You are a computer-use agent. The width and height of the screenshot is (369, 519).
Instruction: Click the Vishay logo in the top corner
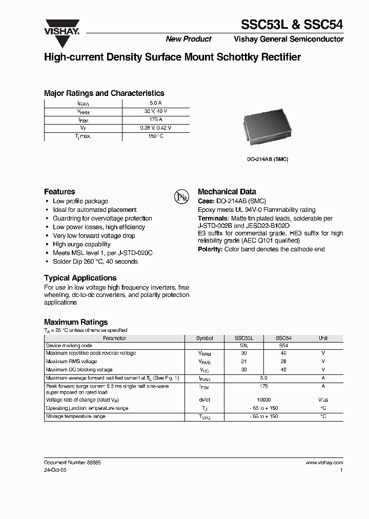coord(61,27)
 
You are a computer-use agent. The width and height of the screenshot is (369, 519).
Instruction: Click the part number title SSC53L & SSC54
coord(292,24)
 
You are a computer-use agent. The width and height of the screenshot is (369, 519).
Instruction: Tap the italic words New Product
coord(189,39)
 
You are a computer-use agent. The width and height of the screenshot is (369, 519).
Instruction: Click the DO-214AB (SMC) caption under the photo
coord(268,159)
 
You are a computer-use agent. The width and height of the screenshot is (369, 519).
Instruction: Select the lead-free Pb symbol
coord(182,197)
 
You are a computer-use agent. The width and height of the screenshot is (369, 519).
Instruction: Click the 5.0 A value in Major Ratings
coord(156,103)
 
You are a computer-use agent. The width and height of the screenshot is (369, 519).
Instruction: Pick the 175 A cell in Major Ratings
coord(156,119)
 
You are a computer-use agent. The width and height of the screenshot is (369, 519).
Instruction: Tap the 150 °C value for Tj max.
coord(156,136)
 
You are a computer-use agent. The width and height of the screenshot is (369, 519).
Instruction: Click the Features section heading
coord(59,191)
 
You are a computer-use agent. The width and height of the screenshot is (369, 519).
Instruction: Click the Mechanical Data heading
coord(227,191)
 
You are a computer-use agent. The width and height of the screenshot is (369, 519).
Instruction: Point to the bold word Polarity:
coord(210,249)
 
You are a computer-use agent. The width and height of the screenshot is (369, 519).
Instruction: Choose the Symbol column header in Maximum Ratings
coord(204,338)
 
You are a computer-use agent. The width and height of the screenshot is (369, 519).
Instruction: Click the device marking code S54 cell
coord(283,346)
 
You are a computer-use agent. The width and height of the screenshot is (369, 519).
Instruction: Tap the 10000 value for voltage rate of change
coord(264,400)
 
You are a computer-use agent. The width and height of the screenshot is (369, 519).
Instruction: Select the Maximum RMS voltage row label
coord(71,362)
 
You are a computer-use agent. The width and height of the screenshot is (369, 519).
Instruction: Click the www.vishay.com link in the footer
coord(324,462)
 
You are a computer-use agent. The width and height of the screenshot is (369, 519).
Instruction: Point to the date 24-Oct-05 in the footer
coord(55,469)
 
